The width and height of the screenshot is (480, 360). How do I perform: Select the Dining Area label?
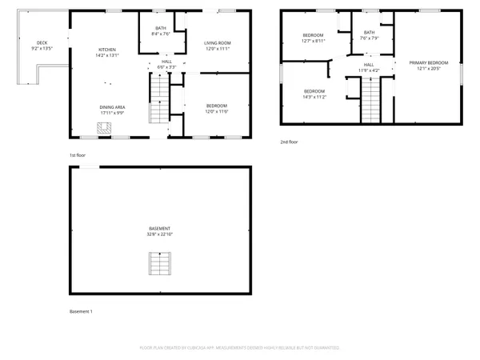(111, 107)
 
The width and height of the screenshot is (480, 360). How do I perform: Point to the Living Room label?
(217, 43)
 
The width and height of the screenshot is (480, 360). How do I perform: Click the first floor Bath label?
(161, 29)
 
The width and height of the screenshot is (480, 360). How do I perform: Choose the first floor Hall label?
(166, 62)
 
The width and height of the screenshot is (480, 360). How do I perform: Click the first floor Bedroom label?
(217, 106)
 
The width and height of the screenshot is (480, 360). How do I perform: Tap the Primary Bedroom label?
(429, 62)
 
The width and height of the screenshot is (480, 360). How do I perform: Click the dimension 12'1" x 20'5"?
(429, 68)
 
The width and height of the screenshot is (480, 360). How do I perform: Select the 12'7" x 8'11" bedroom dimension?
(314, 41)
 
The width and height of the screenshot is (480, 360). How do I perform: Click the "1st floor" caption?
(77, 155)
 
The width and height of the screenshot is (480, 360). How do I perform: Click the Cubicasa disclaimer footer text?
(240, 349)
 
